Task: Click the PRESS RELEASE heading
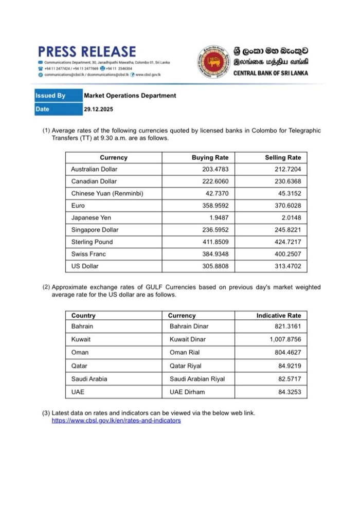click(x=87, y=52)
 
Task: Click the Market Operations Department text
click(x=130, y=96)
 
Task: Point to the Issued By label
click(x=50, y=96)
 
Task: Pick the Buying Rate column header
click(x=210, y=157)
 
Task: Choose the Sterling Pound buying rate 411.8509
click(x=214, y=242)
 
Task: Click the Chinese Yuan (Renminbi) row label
click(x=107, y=193)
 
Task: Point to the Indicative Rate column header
click(x=279, y=315)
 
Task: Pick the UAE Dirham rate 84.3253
click(x=288, y=392)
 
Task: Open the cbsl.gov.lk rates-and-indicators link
click(x=116, y=421)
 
